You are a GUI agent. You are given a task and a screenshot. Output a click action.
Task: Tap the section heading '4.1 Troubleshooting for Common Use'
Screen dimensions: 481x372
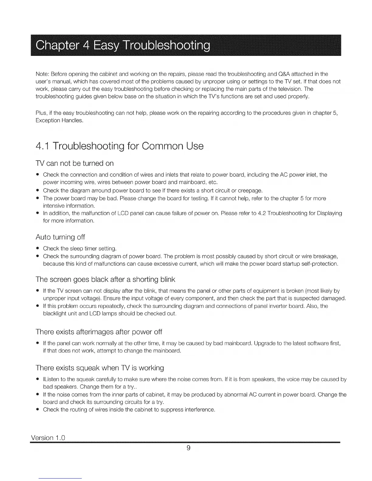[119, 146]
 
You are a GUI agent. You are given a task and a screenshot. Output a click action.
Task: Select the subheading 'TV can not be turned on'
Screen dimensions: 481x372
[74, 163]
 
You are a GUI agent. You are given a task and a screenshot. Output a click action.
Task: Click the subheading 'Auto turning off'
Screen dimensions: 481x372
[60, 237]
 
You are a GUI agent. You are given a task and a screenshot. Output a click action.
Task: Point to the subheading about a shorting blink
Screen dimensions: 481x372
[105, 279]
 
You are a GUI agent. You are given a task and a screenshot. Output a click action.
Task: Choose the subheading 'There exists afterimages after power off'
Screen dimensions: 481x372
[99, 331]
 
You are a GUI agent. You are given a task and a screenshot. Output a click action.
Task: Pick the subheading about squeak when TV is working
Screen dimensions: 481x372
[100, 368]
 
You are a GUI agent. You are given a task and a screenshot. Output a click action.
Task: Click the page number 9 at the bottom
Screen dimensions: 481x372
[188, 448]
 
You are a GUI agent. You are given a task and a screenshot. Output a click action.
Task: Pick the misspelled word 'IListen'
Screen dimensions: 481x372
[51, 380]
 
